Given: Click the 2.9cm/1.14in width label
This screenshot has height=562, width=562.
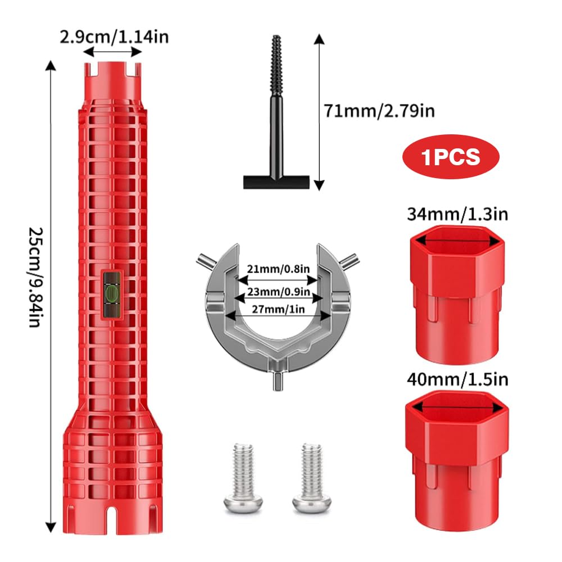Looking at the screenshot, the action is click(114, 37).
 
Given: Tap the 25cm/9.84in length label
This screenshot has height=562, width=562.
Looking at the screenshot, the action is click(36, 277).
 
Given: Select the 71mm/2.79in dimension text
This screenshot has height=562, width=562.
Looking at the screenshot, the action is click(379, 111).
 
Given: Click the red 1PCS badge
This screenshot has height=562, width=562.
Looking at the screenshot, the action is click(451, 157).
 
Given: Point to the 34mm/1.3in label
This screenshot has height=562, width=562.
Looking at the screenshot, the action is click(457, 214).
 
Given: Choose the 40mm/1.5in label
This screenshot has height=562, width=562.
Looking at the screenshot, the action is click(457, 379).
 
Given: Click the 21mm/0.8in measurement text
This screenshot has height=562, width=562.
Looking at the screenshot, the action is click(279, 269).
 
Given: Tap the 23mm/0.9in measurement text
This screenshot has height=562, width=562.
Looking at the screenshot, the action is click(279, 291).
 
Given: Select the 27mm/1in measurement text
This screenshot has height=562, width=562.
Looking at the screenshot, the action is click(279, 309).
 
